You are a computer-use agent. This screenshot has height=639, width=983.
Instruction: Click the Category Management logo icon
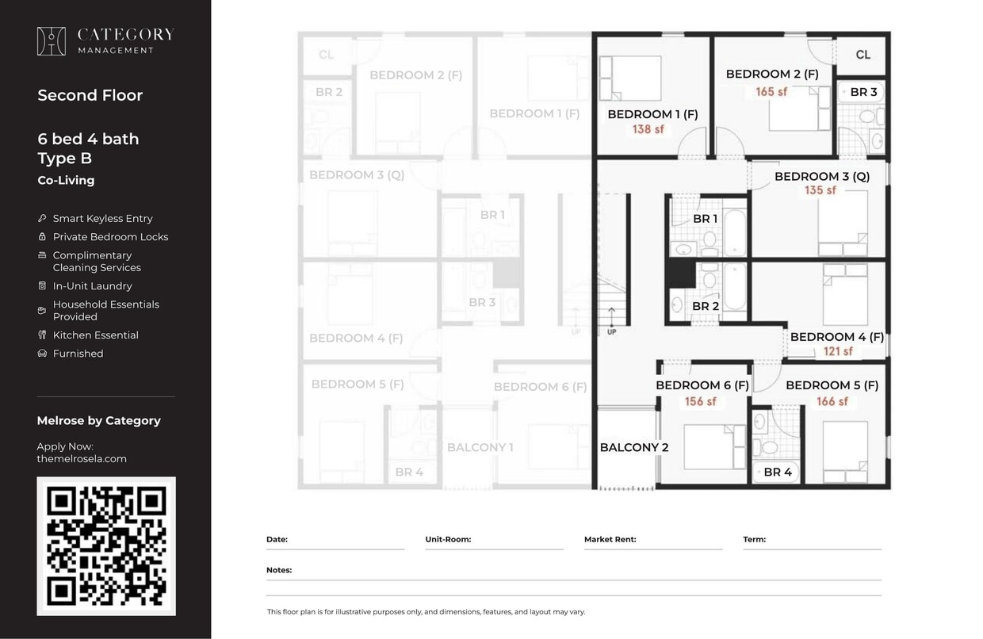[x=52, y=41]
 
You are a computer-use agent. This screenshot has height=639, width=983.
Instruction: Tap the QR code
[x=106, y=546]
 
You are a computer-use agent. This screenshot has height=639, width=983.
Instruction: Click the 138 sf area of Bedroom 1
[x=648, y=129]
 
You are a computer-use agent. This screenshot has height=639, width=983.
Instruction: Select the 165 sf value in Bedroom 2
[x=771, y=92]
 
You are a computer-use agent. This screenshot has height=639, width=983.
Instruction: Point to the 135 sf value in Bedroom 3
[x=820, y=191]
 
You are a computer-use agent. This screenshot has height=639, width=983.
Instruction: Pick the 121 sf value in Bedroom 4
[x=837, y=351]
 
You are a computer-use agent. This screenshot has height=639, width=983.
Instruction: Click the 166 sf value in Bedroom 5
[x=832, y=402]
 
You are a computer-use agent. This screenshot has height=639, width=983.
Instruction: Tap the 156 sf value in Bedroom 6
[x=700, y=402]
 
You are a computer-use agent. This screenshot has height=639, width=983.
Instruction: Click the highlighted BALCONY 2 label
[x=633, y=447]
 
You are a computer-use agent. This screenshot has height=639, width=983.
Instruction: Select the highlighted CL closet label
[x=863, y=55]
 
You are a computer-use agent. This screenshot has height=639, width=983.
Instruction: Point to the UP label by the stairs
[x=611, y=332]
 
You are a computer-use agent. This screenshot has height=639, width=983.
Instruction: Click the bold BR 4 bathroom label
[x=777, y=473]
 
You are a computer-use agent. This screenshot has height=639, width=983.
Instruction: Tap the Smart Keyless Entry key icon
[x=42, y=218]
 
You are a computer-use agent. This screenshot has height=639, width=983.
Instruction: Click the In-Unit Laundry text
[x=92, y=286]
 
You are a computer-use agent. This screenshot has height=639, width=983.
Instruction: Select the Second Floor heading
[x=90, y=95]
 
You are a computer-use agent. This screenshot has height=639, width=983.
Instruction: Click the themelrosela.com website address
[x=82, y=459]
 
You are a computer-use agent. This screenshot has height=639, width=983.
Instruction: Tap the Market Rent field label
[x=610, y=539]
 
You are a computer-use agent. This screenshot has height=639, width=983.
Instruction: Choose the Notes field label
[x=279, y=570]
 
